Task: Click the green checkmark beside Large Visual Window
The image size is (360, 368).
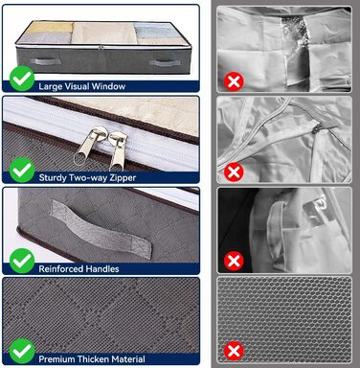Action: click(x=22, y=79)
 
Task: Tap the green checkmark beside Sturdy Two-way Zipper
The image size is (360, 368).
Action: click(x=22, y=170)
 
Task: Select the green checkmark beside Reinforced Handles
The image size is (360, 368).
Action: click(x=22, y=261)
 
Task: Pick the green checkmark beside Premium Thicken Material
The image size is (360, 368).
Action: click(x=22, y=352)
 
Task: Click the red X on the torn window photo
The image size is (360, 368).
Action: click(x=234, y=82)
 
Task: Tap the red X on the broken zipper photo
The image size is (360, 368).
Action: click(x=234, y=172)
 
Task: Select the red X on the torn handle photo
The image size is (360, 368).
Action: click(x=234, y=262)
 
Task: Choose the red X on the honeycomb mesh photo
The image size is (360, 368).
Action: click(x=234, y=352)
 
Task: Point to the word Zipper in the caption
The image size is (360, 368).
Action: click(x=124, y=177)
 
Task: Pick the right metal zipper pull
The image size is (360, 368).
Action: click(x=118, y=150)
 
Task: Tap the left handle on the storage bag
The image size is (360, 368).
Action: click(x=46, y=61)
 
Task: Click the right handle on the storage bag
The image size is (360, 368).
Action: click(x=165, y=63)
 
